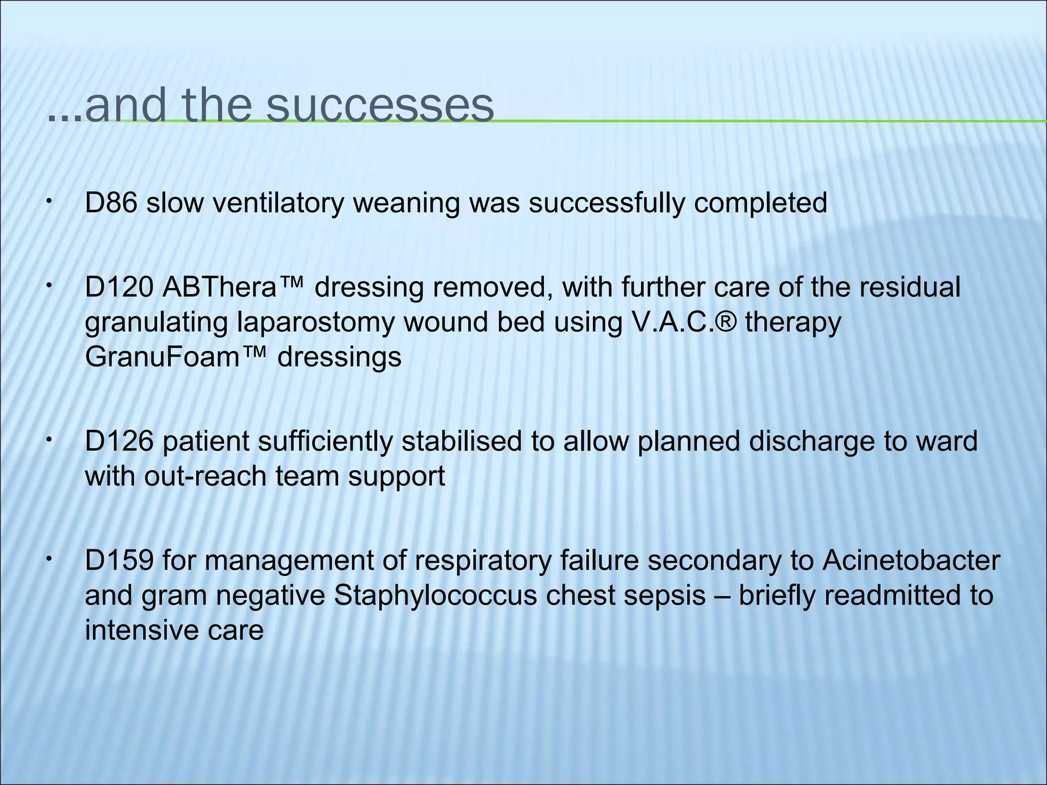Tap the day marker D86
(111, 203)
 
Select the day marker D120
(119, 288)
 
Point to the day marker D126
(119, 441)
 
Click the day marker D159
(119, 561)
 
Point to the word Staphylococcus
(435, 595)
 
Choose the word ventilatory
(278, 204)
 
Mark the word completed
(760, 204)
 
